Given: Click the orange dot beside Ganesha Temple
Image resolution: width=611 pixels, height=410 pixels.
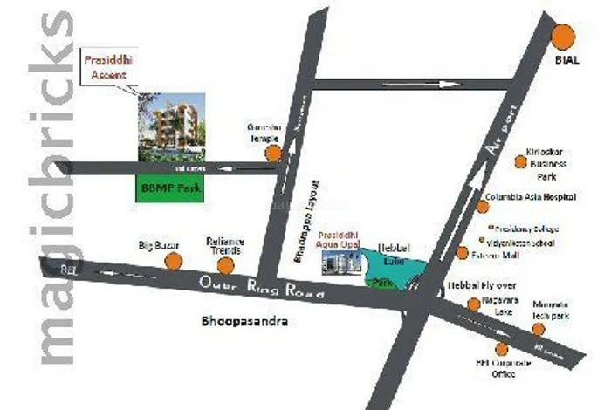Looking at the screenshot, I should (x=273, y=154).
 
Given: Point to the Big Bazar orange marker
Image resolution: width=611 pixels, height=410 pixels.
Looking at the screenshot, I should (x=173, y=261).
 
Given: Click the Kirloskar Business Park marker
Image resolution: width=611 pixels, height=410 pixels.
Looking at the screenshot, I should (x=521, y=161).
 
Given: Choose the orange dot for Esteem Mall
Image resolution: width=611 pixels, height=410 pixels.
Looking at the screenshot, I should (x=462, y=253).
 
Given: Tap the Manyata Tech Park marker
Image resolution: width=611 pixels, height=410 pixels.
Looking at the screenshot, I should (x=539, y=329).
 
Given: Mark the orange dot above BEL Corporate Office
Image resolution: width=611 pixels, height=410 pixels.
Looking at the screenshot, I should (x=501, y=349).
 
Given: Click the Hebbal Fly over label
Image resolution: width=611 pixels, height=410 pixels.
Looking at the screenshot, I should (x=472, y=285).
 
